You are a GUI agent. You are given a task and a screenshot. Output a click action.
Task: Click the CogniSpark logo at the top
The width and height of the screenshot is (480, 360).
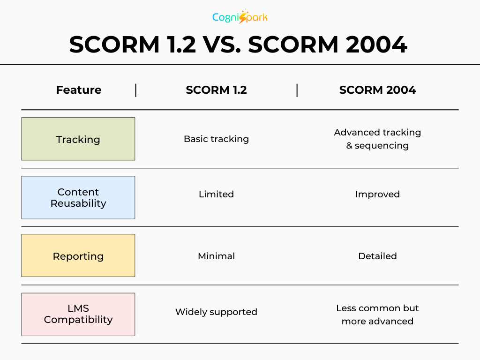240,17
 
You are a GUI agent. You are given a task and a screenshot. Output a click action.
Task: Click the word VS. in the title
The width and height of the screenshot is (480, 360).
222,45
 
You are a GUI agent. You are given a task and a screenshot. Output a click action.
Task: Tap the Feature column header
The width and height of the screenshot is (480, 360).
78,90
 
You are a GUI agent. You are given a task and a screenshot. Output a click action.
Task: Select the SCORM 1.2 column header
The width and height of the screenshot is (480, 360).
216,90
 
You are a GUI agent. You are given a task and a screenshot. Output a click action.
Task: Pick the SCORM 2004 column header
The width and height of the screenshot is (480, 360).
377,90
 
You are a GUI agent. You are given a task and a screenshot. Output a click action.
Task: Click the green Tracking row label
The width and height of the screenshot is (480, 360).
78,139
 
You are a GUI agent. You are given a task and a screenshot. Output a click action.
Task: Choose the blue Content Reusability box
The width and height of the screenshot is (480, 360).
78,197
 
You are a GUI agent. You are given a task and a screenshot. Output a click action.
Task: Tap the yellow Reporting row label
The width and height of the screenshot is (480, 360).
78,256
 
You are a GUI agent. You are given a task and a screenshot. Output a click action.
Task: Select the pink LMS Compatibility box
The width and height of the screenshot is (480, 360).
78,314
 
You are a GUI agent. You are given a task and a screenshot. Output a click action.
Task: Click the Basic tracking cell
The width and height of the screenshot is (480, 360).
216,139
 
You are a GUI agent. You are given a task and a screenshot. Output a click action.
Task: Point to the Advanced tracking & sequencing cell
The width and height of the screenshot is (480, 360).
377,139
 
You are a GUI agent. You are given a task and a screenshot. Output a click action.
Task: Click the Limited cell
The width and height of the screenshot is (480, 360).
216,194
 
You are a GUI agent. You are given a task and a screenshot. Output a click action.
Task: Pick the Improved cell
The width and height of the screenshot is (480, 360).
377,194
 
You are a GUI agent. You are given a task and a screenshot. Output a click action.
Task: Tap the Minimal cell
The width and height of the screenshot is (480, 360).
216,256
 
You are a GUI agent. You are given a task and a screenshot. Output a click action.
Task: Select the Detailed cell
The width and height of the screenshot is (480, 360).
377,256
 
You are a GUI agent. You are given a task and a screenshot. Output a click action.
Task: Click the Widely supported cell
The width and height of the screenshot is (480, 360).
216,312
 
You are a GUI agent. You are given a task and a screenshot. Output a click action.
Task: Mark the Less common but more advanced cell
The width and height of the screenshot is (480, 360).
377,315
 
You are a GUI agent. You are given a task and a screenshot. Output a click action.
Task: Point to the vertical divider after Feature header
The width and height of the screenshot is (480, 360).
136,90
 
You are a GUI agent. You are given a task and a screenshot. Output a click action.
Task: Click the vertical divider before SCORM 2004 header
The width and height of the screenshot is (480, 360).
297,90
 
